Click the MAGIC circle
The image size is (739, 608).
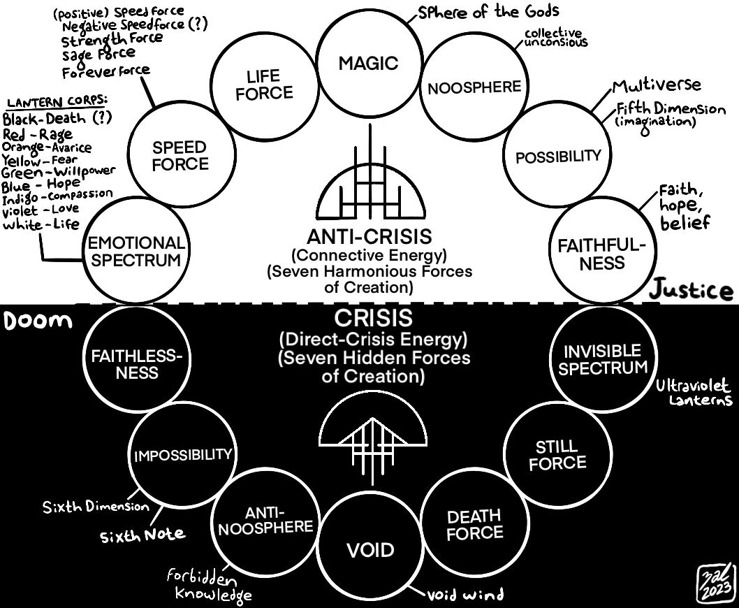[368, 64]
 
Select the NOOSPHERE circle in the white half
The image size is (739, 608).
[474, 87]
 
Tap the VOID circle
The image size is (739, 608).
[370, 549]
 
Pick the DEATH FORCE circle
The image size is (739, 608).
[474, 524]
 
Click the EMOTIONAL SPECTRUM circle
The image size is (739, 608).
[135, 251]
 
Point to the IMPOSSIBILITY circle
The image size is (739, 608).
[182, 455]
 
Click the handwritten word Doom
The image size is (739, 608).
[38, 321]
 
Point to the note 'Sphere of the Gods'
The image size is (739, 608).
[489, 12]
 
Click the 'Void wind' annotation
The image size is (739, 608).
[465, 595]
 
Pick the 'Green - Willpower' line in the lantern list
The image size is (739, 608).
[59, 171]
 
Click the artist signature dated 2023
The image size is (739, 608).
[716, 581]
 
